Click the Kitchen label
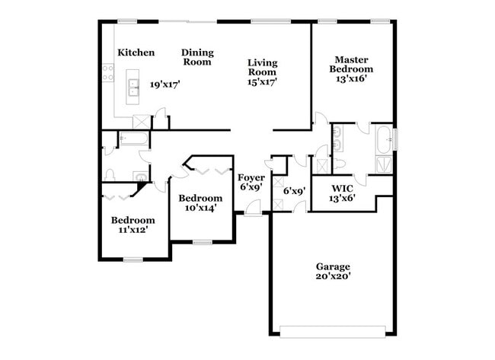tap(136, 53)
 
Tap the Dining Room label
tap(197, 57)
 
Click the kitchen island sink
tap(134, 89)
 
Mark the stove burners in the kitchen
tap(107, 72)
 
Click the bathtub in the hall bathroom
tap(134, 139)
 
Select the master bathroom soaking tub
tap(383, 139)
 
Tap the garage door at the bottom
tap(333, 330)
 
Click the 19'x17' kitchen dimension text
tap(164, 85)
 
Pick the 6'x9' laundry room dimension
tap(294, 191)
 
